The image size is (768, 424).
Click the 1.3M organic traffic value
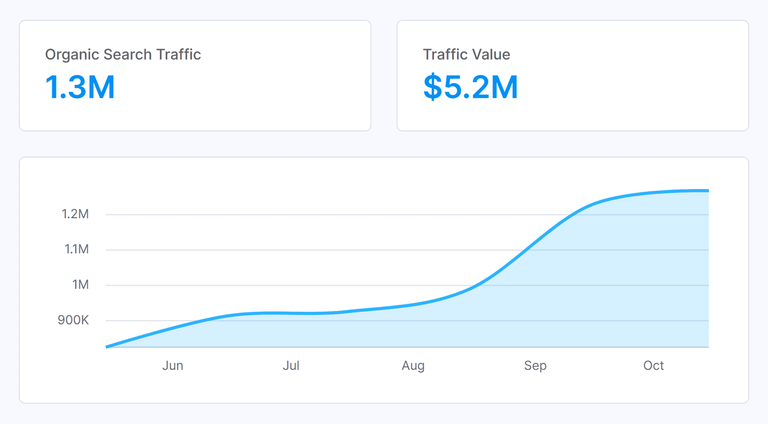(80, 87)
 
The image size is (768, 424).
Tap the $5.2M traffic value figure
(471, 87)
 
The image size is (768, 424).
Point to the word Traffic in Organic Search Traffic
(178, 54)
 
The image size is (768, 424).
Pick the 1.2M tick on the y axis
(75, 214)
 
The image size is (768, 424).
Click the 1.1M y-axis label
(76, 249)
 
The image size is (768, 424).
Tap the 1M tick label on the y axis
(80, 284)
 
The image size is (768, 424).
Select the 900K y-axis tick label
(73, 320)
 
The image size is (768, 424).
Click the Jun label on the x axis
(172, 366)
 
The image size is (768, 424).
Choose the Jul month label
(291, 366)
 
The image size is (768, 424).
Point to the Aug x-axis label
(413, 366)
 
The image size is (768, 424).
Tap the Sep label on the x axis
(535, 366)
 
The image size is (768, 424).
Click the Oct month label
(653, 366)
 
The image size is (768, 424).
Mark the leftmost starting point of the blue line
(106, 347)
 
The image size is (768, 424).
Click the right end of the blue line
(708, 191)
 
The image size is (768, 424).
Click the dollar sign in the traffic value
(432, 87)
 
